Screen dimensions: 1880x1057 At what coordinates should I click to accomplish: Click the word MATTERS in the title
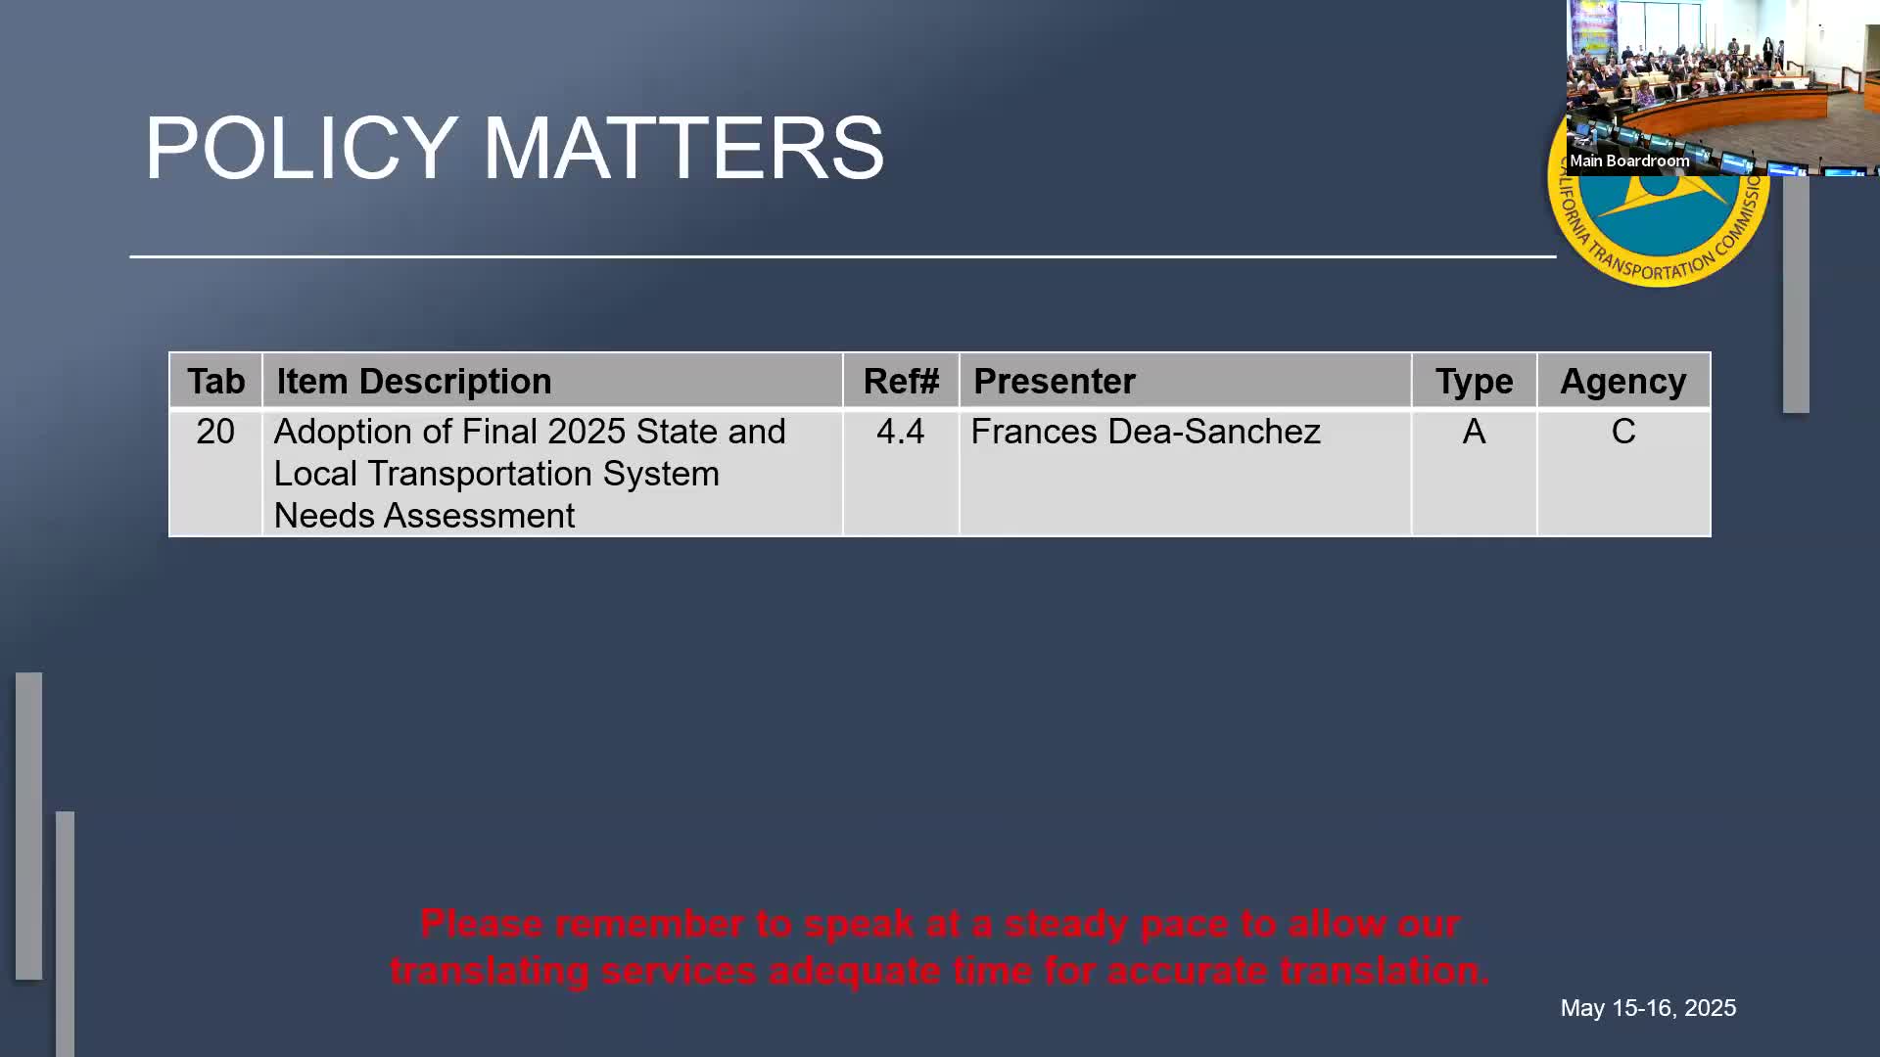tap(683, 148)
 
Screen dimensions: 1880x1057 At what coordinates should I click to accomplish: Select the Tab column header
tap(215, 381)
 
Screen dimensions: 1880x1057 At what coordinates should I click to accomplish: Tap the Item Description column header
tap(414, 381)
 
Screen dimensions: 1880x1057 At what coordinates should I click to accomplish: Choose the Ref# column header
tap(901, 381)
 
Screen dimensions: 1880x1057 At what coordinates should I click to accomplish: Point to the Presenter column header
tap(1055, 381)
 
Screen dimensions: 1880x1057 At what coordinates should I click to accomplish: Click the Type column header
tap(1474, 381)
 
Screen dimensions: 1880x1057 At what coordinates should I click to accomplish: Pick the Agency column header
tap(1623, 381)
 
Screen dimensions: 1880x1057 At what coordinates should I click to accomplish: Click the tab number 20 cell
tap(215, 432)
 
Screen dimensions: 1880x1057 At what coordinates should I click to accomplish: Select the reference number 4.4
tap(901, 432)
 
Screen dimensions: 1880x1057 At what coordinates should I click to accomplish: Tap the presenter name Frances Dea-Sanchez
tap(1146, 432)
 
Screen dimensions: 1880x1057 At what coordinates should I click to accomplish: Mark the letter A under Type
tap(1474, 432)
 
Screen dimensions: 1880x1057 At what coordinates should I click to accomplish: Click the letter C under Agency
tap(1623, 432)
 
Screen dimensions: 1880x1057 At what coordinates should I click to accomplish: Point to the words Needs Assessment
tap(424, 516)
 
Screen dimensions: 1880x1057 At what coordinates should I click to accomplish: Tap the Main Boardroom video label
tap(1629, 161)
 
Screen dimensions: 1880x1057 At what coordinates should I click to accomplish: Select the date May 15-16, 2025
tap(1648, 1008)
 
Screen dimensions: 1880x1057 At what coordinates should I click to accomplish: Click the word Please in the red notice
tap(482, 923)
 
